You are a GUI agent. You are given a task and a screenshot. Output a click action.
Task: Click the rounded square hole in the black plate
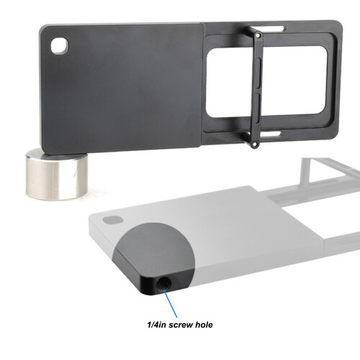pyautogui.click(x=60, y=45)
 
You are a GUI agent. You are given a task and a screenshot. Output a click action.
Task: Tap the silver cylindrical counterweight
pyautogui.click(x=57, y=175)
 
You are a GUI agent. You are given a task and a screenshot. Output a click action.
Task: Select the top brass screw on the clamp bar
pyautogui.click(x=258, y=35)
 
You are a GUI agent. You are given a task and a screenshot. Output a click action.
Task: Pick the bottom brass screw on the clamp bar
pyautogui.click(x=254, y=145)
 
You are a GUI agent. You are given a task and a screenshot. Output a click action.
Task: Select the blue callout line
pyautogui.click(x=171, y=304)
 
